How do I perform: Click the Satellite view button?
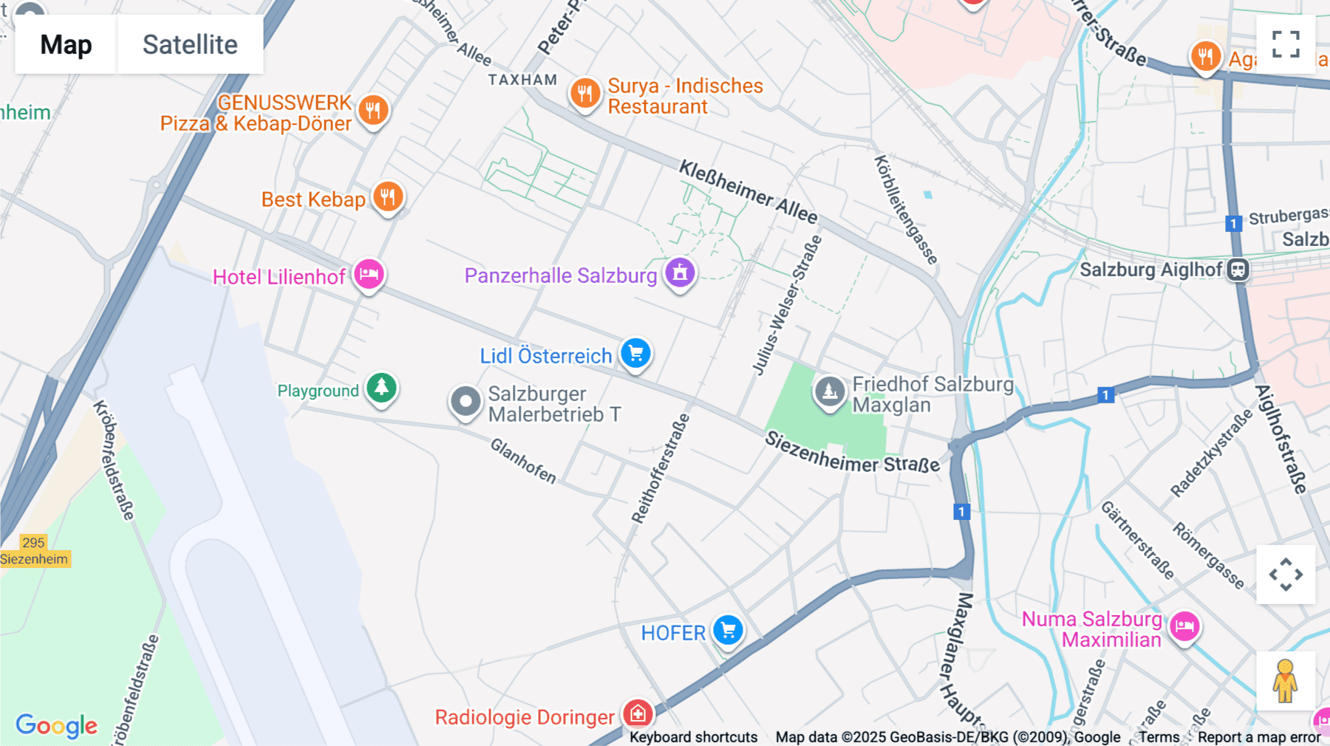(x=190, y=44)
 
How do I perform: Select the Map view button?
(x=66, y=44)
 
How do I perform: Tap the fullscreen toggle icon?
(x=1286, y=44)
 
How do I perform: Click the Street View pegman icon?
(x=1285, y=680)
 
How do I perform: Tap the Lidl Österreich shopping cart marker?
(x=635, y=353)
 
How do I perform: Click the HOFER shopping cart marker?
(x=728, y=631)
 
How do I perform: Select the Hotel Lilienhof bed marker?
(x=369, y=275)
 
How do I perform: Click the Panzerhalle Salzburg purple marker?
(x=680, y=273)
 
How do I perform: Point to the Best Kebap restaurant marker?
(x=388, y=197)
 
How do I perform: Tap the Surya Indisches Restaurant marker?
(x=584, y=94)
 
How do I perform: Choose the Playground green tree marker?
(x=381, y=387)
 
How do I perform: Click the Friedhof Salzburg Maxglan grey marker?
(x=829, y=391)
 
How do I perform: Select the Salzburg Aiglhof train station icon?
(x=1238, y=270)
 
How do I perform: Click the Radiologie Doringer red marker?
(x=638, y=714)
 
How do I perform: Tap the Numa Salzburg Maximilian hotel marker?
(x=1184, y=627)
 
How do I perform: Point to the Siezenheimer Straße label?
(x=851, y=453)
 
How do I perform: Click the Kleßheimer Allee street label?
(x=748, y=191)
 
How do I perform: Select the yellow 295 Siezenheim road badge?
(x=34, y=551)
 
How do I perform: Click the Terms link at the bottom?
(x=1159, y=736)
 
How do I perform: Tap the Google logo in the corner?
(x=56, y=725)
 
